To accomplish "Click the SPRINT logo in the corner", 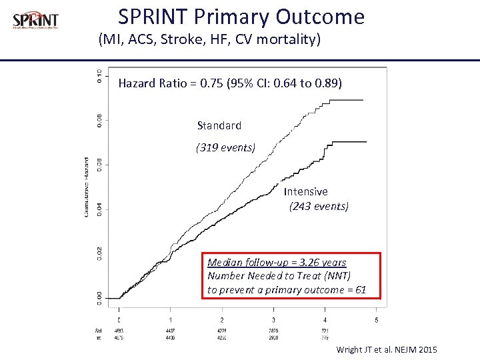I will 35,21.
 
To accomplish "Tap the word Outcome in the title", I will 327,17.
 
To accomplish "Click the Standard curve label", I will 219,125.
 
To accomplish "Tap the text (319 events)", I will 225,148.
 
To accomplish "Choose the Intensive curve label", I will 306,191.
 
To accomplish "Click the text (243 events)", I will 319,206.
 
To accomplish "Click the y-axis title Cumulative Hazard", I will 87,187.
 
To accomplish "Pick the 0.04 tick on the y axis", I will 99,209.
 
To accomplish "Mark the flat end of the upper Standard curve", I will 351,100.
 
